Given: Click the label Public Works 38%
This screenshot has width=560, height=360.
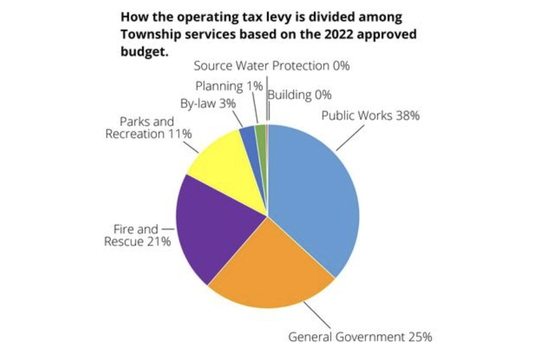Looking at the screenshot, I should pyautogui.click(x=370, y=115).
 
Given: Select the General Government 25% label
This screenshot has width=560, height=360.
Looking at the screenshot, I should pyautogui.click(x=360, y=336).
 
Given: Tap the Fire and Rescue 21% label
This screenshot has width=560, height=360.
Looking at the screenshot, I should pyautogui.click(x=137, y=235).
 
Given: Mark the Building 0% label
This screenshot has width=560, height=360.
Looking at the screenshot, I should pyautogui.click(x=300, y=95).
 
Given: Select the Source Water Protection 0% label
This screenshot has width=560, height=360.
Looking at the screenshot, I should pyautogui.click(x=272, y=65).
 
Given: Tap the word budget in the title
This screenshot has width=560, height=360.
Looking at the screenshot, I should pyautogui.click(x=141, y=50).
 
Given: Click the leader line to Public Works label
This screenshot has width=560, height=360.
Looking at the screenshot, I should pyautogui.click(x=351, y=137).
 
